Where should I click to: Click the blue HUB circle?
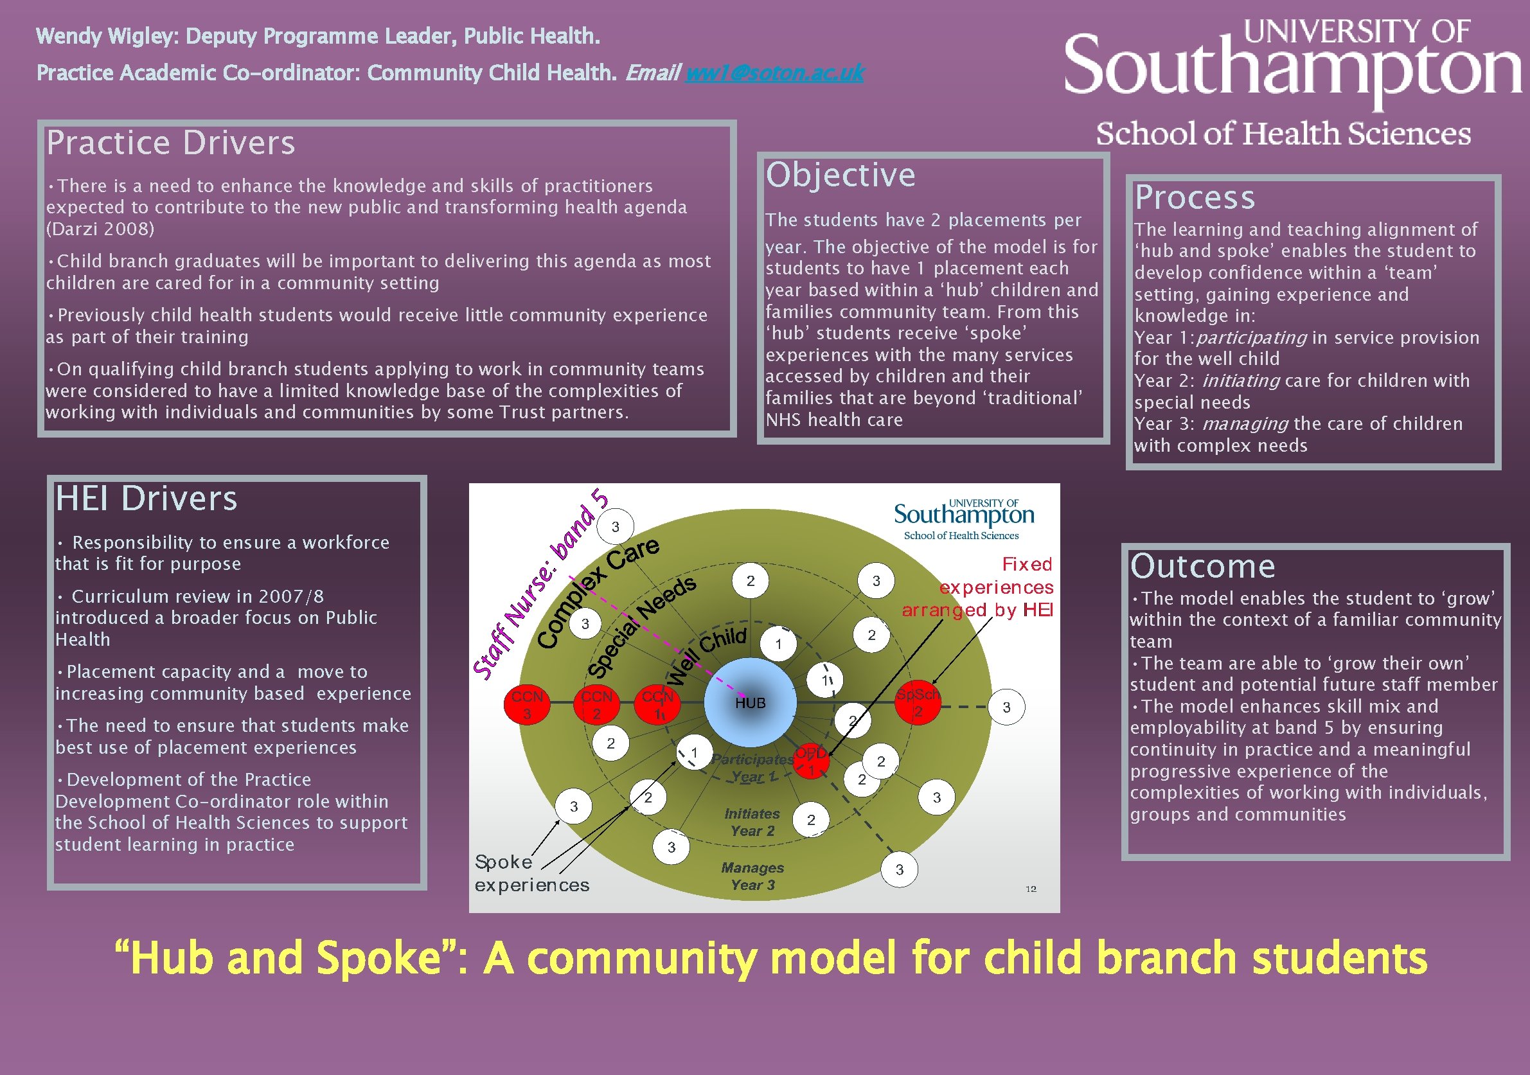750,702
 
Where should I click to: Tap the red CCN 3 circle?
526,703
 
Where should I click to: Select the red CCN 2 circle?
596,703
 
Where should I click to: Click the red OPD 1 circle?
811,761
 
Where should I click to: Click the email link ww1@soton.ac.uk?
774,72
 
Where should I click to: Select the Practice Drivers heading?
170,143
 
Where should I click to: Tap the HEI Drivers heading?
146,499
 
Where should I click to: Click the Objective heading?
841,175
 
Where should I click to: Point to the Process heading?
1195,197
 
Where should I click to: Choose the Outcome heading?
1203,567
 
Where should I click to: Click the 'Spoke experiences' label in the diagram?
531,873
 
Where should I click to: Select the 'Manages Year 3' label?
752,876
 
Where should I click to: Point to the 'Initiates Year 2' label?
752,822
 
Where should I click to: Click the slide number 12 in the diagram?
1031,889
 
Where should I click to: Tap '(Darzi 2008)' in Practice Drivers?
100,229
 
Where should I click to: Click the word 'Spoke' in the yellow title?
378,957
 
